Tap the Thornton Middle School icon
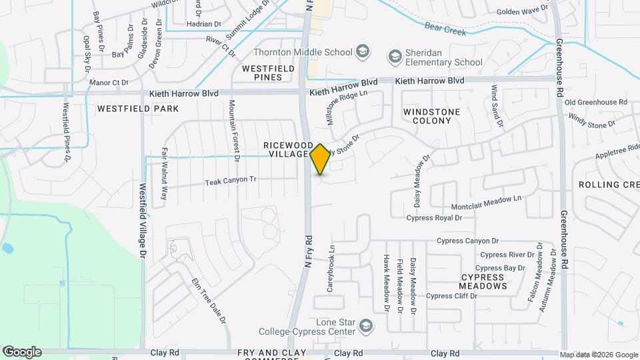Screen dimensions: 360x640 362,52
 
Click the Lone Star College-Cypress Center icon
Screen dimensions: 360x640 365,326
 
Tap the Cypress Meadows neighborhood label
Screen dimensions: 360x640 483,281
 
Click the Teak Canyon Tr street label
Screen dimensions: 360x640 231,181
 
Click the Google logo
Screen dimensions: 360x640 22,352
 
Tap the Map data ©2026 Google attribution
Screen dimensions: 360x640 599,355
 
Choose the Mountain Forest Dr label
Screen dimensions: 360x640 233,131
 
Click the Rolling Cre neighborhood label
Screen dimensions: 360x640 609,184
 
